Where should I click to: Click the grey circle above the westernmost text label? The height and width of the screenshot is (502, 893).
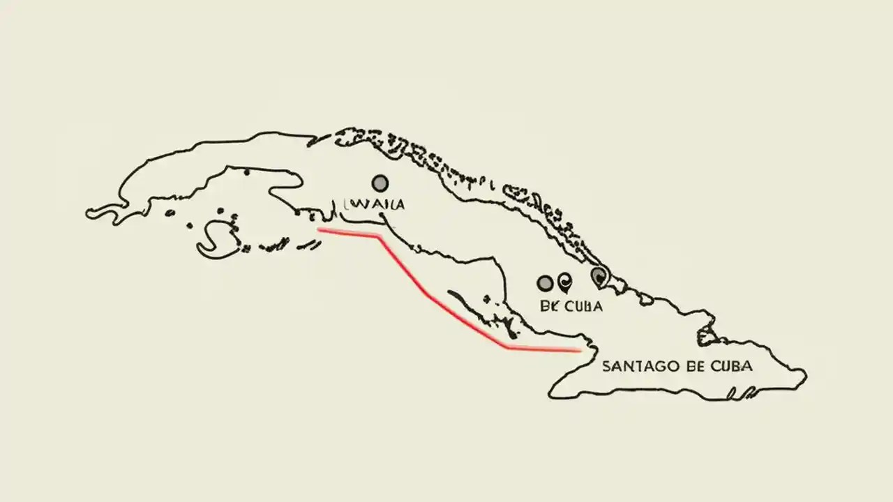point(380,183)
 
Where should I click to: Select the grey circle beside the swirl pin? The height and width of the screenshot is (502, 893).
point(545,282)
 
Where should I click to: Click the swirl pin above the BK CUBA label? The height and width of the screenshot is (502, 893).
point(564,282)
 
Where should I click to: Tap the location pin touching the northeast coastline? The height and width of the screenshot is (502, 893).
point(598,277)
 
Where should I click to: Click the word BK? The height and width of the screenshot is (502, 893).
point(550,305)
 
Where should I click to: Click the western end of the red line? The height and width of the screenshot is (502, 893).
point(319,229)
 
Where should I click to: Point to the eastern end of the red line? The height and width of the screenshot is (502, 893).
point(580,351)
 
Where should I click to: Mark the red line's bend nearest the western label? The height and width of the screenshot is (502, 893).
point(379,236)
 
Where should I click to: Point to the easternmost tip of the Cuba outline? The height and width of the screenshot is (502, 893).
point(806,376)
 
